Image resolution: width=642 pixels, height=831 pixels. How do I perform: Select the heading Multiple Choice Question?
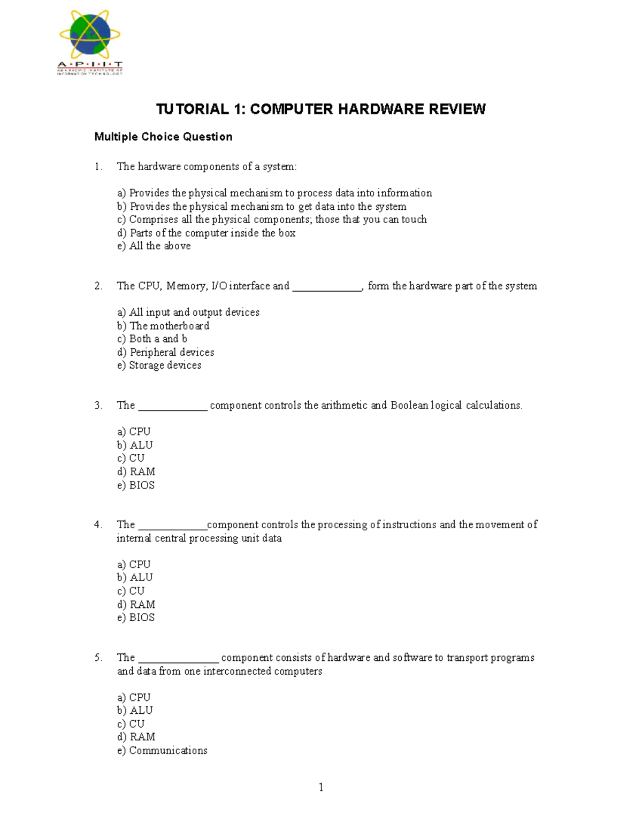[163, 137]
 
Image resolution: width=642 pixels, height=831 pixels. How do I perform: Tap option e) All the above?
[154, 246]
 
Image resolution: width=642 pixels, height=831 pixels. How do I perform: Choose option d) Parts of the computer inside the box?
[206, 233]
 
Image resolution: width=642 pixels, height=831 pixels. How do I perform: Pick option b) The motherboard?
[163, 326]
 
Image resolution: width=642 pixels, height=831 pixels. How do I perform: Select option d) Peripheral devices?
[165, 352]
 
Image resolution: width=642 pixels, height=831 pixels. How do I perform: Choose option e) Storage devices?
[159, 365]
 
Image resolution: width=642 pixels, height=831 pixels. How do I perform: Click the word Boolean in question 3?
[409, 406]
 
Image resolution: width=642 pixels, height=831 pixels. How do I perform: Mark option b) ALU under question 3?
[135, 445]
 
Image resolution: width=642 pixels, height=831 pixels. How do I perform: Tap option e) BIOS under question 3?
[136, 485]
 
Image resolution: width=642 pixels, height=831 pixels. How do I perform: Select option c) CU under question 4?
[131, 591]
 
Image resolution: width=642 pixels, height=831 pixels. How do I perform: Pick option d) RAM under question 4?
[136, 604]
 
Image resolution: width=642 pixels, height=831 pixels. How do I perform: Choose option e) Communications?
[162, 750]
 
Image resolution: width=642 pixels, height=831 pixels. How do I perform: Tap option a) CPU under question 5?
[134, 697]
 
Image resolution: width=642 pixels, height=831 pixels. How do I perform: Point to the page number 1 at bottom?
[321, 787]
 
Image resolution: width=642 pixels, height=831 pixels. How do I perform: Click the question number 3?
[98, 406]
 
